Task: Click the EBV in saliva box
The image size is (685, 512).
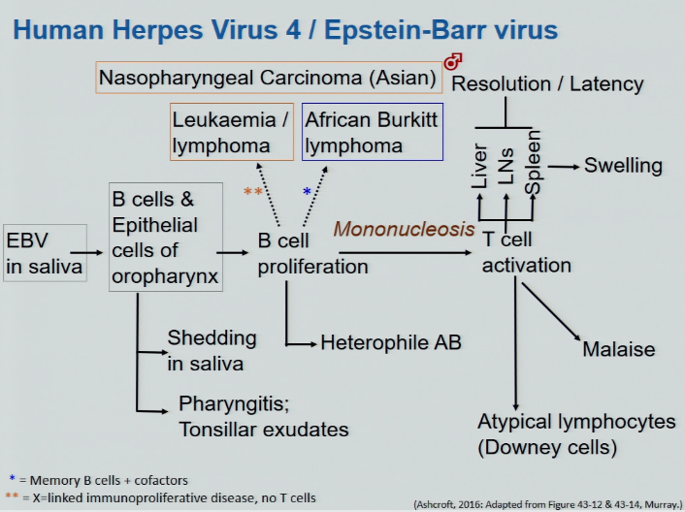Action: (x=46, y=252)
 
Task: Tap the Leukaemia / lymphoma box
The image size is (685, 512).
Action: (x=233, y=133)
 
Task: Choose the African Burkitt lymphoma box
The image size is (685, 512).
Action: (x=373, y=133)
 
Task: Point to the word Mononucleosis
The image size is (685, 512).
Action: (x=404, y=230)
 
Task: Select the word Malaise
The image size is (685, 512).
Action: (x=619, y=349)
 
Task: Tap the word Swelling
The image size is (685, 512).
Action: (x=623, y=165)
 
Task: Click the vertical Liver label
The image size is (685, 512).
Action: (x=479, y=167)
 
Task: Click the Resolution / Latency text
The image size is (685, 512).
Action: (x=548, y=83)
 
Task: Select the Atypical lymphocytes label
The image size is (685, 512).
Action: (x=576, y=423)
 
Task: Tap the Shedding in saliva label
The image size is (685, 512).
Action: (x=212, y=350)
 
